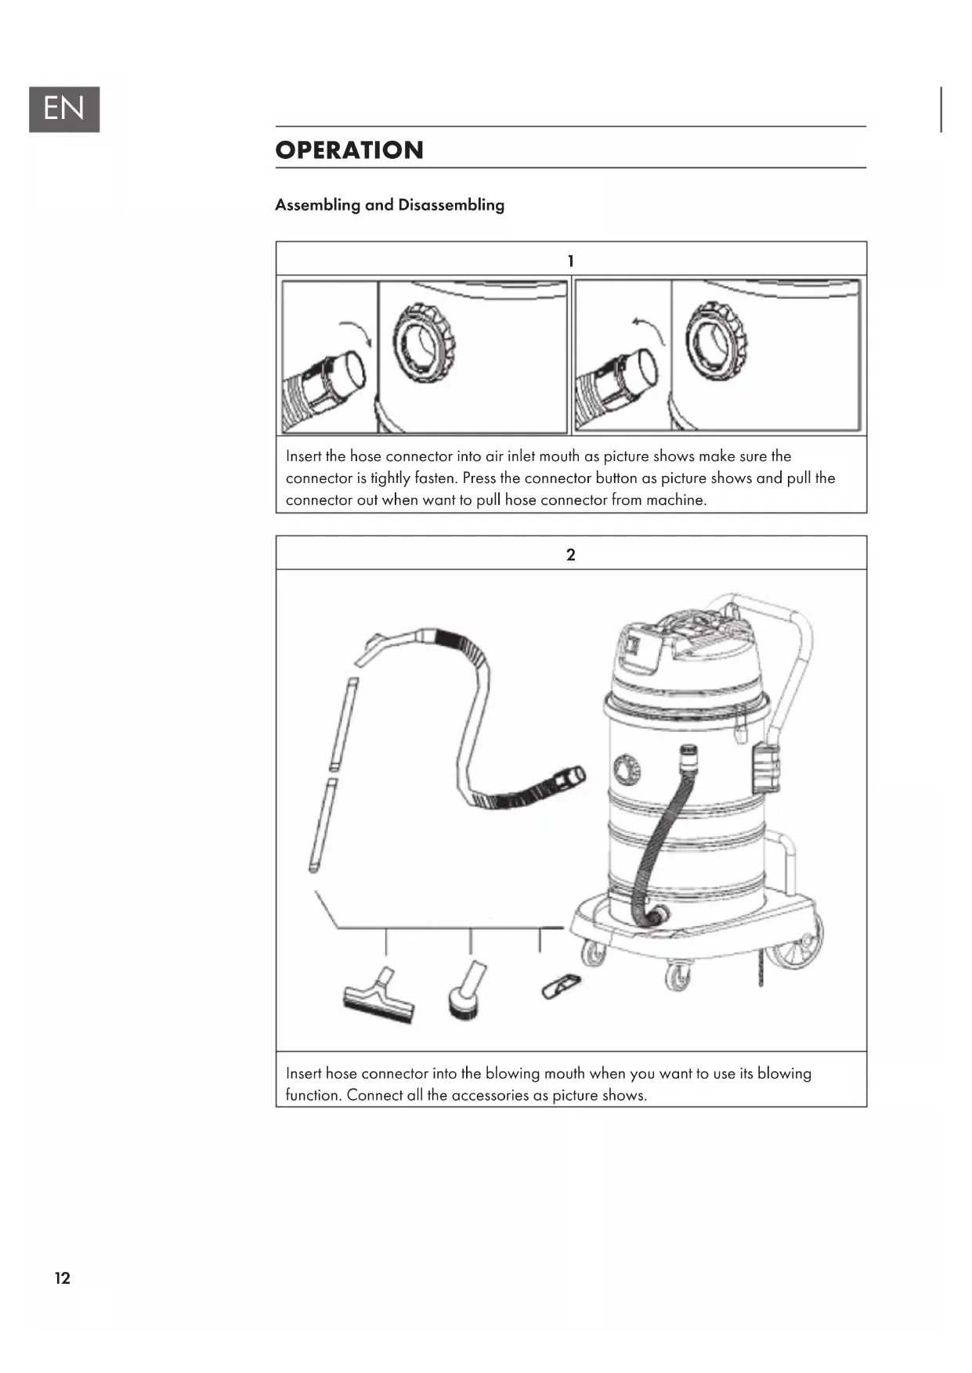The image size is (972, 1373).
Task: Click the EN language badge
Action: click(x=64, y=109)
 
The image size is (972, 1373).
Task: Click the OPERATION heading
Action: click(x=349, y=150)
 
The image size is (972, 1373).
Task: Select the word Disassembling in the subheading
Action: click(x=451, y=205)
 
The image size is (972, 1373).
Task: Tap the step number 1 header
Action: click(x=570, y=261)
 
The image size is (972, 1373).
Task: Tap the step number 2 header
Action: click(x=570, y=555)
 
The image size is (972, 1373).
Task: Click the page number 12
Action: click(x=63, y=1278)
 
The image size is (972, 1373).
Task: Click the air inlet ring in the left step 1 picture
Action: click(x=424, y=342)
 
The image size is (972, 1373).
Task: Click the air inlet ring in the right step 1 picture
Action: click(x=716, y=341)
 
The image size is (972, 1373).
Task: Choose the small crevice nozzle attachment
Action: click(x=562, y=986)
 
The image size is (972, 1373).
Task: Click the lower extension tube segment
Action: click(x=323, y=825)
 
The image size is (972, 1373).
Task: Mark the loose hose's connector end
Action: click(x=569, y=777)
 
